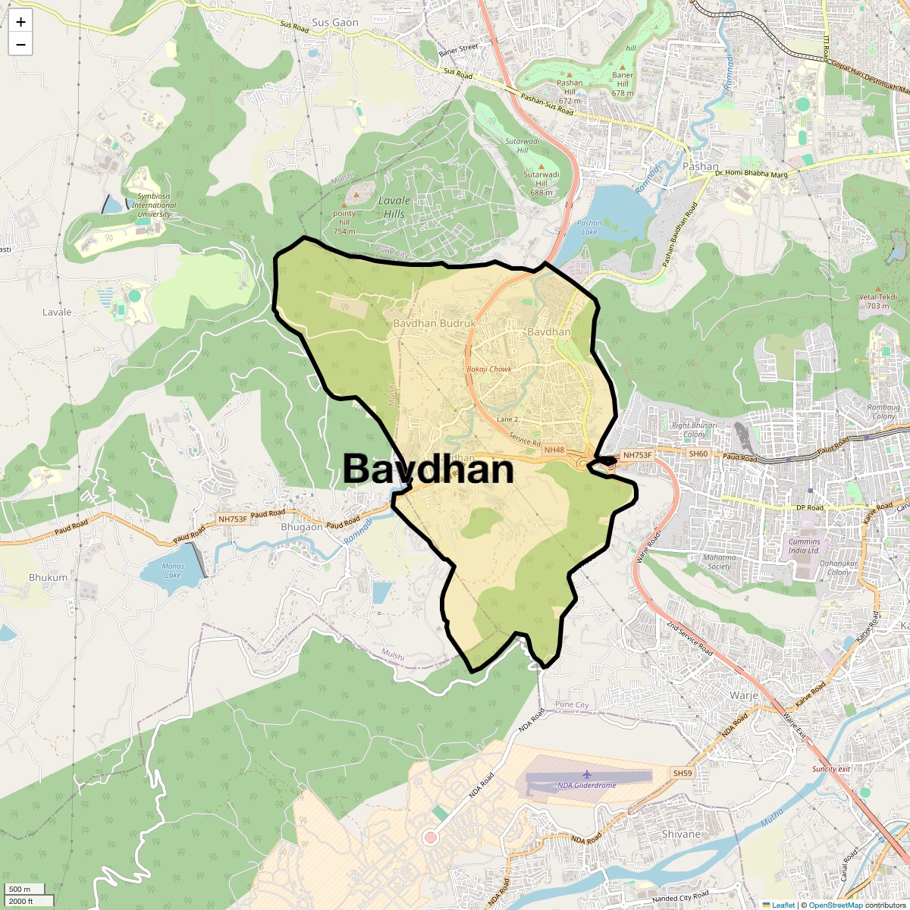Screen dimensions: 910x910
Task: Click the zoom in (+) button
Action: [x=20, y=22]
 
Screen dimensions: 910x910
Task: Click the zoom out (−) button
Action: [x=20, y=45]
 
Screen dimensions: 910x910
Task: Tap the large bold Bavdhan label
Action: [x=428, y=469]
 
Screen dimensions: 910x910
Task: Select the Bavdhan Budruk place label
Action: [x=434, y=323]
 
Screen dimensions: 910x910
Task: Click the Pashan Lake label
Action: [x=589, y=227]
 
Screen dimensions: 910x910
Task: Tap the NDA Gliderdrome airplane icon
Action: [x=586, y=774]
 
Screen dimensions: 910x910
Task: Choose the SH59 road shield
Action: [x=682, y=773]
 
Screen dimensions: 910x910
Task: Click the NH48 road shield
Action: [x=554, y=450]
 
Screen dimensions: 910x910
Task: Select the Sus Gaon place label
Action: [x=335, y=23]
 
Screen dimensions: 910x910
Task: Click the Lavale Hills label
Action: [x=394, y=207]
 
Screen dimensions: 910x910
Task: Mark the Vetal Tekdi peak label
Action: [x=878, y=301]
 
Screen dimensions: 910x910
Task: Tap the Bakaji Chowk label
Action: [x=489, y=369]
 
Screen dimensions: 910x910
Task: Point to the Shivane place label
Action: [x=681, y=834]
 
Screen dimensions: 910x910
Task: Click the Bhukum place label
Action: [x=48, y=577]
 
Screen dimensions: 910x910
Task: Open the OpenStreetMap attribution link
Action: [x=836, y=905]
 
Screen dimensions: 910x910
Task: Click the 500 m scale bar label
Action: [x=20, y=890]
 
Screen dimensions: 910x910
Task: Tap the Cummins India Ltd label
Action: [x=804, y=546]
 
